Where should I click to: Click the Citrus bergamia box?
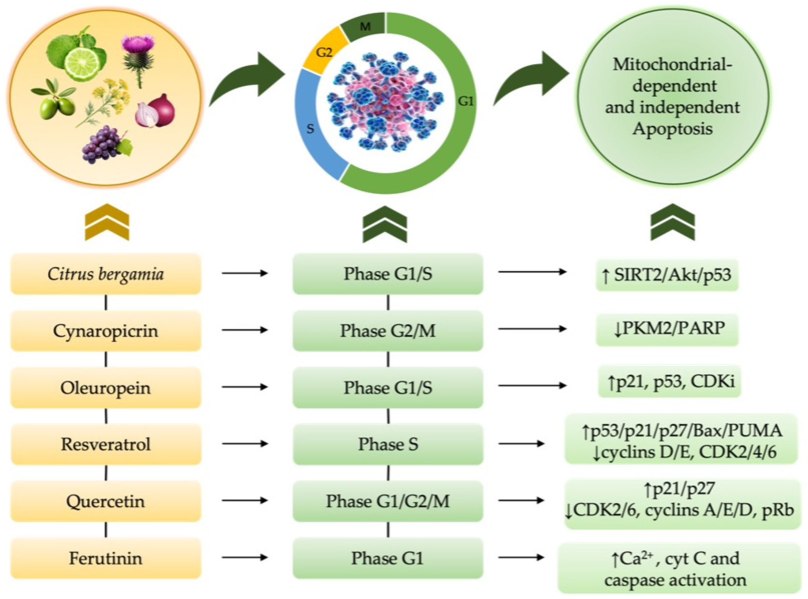pyautogui.click(x=105, y=274)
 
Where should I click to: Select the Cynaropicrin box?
pyautogui.click(x=105, y=330)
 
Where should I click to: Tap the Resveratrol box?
pyautogui.click(x=105, y=444)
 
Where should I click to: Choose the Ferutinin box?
pyautogui.click(x=105, y=558)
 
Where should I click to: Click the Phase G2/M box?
pyautogui.click(x=387, y=330)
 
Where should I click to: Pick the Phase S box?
pyautogui.click(x=387, y=444)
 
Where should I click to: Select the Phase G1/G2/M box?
pyautogui.click(x=387, y=501)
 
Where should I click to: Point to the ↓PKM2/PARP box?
pyautogui.click(x=667, y=329)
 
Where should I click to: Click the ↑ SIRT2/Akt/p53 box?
pyautogui.click(x=667, y=275)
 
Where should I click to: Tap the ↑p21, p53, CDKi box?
pyautogui.click(x=669, y=382)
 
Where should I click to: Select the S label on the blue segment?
pyautogui.click(x=310, y=129)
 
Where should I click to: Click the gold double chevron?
pyautogui.click(x=107, y=222)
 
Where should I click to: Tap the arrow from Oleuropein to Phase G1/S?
pyautogui.click(x=245, y=387)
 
